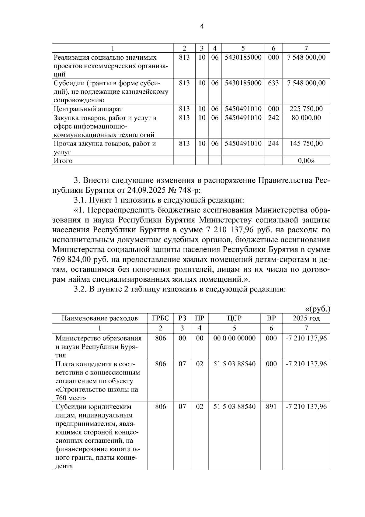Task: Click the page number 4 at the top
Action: point(202,26)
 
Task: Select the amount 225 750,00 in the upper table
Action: point(306,109)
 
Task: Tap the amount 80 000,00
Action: point(306,118)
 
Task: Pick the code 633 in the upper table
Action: point(273,83)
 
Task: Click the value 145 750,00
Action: point(306,143)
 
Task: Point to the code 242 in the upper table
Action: point(273,118)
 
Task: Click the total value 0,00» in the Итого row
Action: point(306,161)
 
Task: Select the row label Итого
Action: point(63,161)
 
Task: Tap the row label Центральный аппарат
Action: point(88,109)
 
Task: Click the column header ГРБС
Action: point(160,318)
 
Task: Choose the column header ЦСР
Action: point(234,318)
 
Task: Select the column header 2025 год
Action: point(306,318)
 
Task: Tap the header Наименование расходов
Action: point(100,318)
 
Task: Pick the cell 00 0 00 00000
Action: point(234,338)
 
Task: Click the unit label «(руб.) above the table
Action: point(318,309)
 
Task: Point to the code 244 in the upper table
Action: point(273,143)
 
